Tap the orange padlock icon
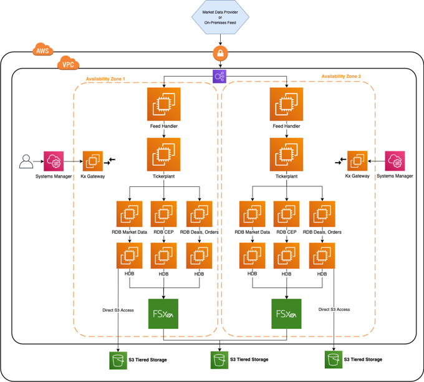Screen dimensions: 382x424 coord(219,53)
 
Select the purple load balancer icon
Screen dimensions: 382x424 coord(219,77)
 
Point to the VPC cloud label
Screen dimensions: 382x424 coord(66,64)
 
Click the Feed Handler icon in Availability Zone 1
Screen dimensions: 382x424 coord(164,104)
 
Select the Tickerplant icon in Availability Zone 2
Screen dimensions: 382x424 coord(286,154)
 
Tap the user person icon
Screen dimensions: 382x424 coord(26,161)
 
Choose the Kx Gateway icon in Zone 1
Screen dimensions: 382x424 coord(94,161)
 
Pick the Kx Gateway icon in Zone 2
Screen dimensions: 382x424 coord(357,161)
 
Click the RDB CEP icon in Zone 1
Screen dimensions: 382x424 coord(164,214)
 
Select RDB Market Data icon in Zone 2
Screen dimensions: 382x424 coord(252,214)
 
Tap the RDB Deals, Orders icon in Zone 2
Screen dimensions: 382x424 coord(322,214)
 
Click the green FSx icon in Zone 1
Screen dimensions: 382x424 coord(164,313)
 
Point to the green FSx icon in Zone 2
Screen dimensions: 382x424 coord(286,313)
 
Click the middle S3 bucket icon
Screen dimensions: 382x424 coord(219,360)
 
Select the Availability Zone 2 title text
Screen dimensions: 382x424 coord(340,77)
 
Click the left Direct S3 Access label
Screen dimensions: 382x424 coord(118,310)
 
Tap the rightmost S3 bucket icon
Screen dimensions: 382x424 coord(334,359)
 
